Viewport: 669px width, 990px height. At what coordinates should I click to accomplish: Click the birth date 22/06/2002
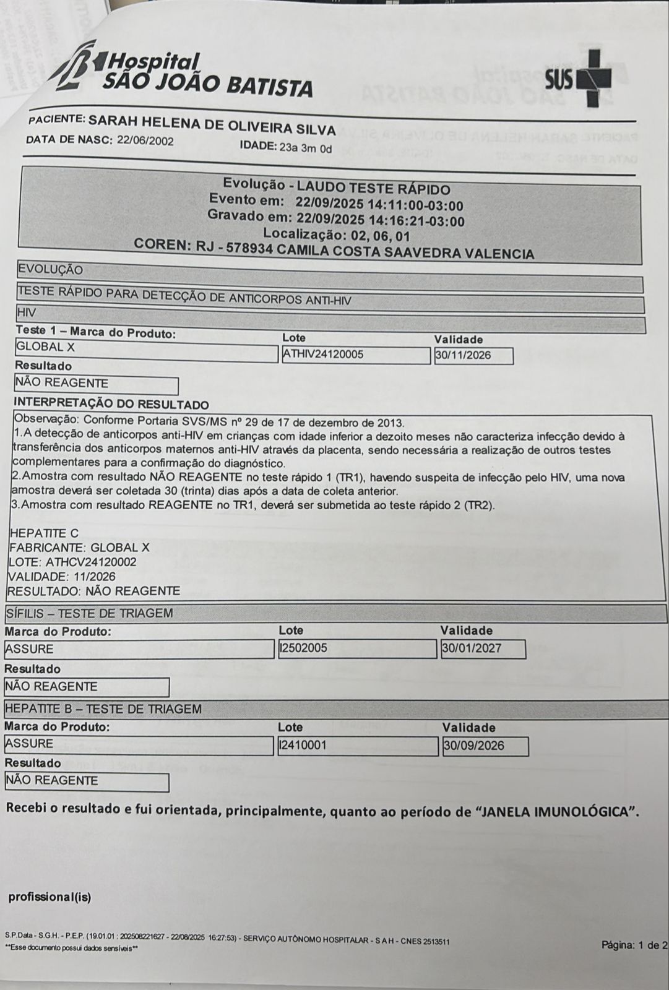(145, 140)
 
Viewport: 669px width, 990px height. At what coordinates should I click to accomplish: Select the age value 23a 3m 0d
(306, 148)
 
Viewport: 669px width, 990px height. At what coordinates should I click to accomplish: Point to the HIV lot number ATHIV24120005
(324, 355)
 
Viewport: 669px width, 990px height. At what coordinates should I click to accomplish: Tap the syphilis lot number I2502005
(303, 648)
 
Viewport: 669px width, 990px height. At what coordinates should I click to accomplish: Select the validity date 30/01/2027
(472, 648)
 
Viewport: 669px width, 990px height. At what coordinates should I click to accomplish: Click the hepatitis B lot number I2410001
(303, 746)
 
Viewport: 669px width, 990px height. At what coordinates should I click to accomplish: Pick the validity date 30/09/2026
(474, 746)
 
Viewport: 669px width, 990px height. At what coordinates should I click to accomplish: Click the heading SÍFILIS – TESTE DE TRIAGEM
(89, 613)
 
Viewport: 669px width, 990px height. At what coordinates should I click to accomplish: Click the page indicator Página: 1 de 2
(634, 945)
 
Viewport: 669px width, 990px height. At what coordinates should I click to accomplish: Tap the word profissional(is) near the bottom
(50, 897)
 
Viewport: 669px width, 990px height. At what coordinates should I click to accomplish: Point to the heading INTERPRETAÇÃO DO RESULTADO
(111, 405)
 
